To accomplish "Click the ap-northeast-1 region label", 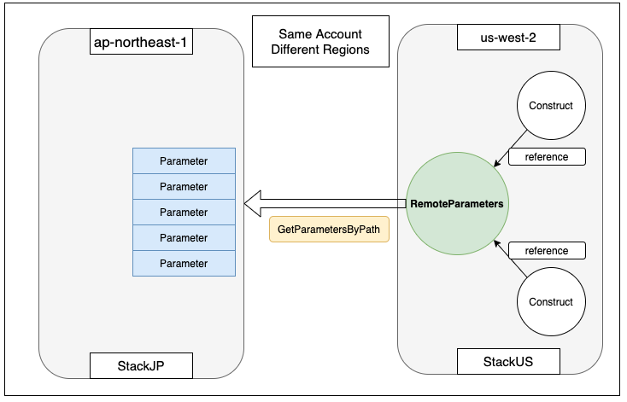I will pos(141,41).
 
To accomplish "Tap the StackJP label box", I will pos(141,367).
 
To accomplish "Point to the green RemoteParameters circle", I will pos(455,205).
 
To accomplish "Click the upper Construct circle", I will pos(551,107).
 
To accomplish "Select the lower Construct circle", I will pos(551,302).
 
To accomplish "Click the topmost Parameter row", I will pos(184,161).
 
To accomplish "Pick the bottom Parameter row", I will pos(184,264).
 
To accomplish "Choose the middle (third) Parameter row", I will pos(184,213).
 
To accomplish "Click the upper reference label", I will pos(548,157).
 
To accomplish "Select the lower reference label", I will pos(548,251).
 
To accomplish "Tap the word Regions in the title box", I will pos(346,50).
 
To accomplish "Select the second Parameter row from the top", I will pos(184,187).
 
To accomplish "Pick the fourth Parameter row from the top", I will pos(184,238).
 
